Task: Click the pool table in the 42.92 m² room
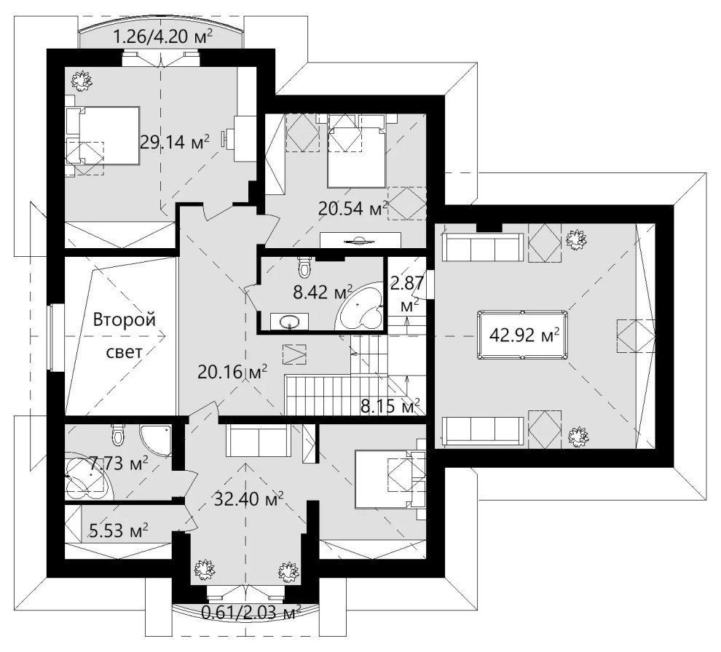(522, 335)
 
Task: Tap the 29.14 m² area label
(174, 142)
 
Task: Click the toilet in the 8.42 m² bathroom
(304, 267)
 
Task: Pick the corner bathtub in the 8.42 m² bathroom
(361, 306)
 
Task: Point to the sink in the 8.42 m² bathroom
(290, 321)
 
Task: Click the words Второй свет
(124, 335)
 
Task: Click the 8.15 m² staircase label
(390, 406)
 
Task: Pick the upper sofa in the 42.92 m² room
(483, 247)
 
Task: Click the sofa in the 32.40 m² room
(259, 440)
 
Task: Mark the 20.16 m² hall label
(232, 371)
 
